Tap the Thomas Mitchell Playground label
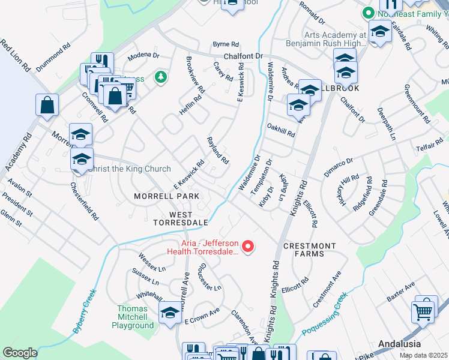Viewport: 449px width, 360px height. point(132,317)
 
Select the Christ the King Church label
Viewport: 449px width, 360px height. point(129,169)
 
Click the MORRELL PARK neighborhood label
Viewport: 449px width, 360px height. point(166,196)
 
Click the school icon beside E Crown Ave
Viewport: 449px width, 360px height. point(170,313)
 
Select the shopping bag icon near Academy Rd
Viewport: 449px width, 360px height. point(47,106)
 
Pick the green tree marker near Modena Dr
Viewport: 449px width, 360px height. point(160,77)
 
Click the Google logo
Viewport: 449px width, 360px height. point(20,353)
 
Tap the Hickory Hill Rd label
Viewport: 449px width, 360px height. point(350,190)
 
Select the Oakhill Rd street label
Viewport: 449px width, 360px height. point(281,131)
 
